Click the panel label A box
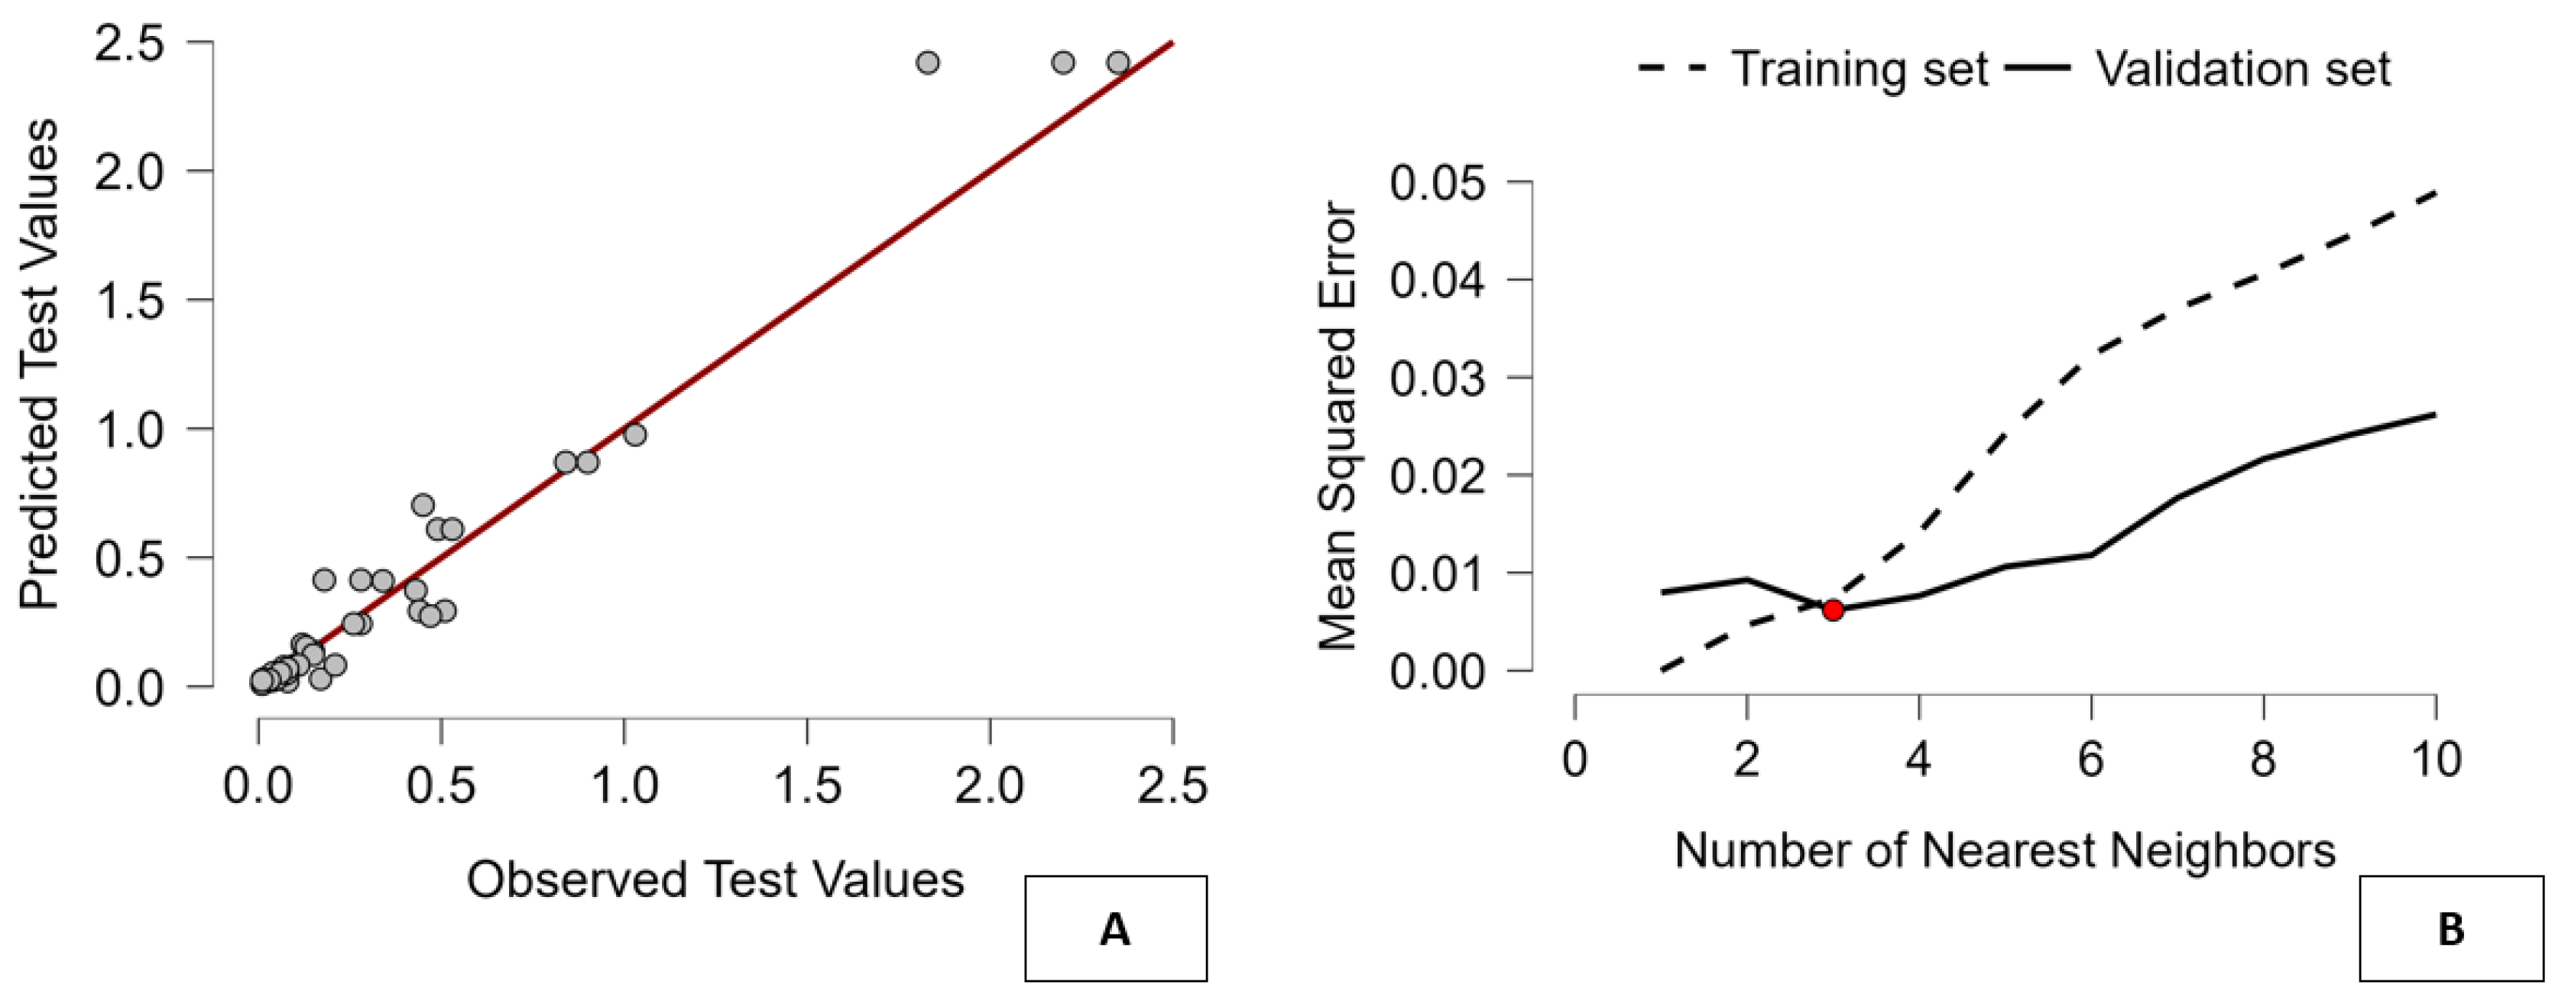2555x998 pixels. pos(1115,929)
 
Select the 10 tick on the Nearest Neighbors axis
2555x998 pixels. pos(2436,761)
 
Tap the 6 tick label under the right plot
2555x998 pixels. pos(2091,761)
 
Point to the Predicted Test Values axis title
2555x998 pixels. pos(40,364)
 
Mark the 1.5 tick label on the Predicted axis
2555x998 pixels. pos(129,301)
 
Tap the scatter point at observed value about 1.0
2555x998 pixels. pos(635,434)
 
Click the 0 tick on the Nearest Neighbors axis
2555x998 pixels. pos(1575,761)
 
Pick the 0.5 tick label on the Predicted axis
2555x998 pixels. pos(129,558)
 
